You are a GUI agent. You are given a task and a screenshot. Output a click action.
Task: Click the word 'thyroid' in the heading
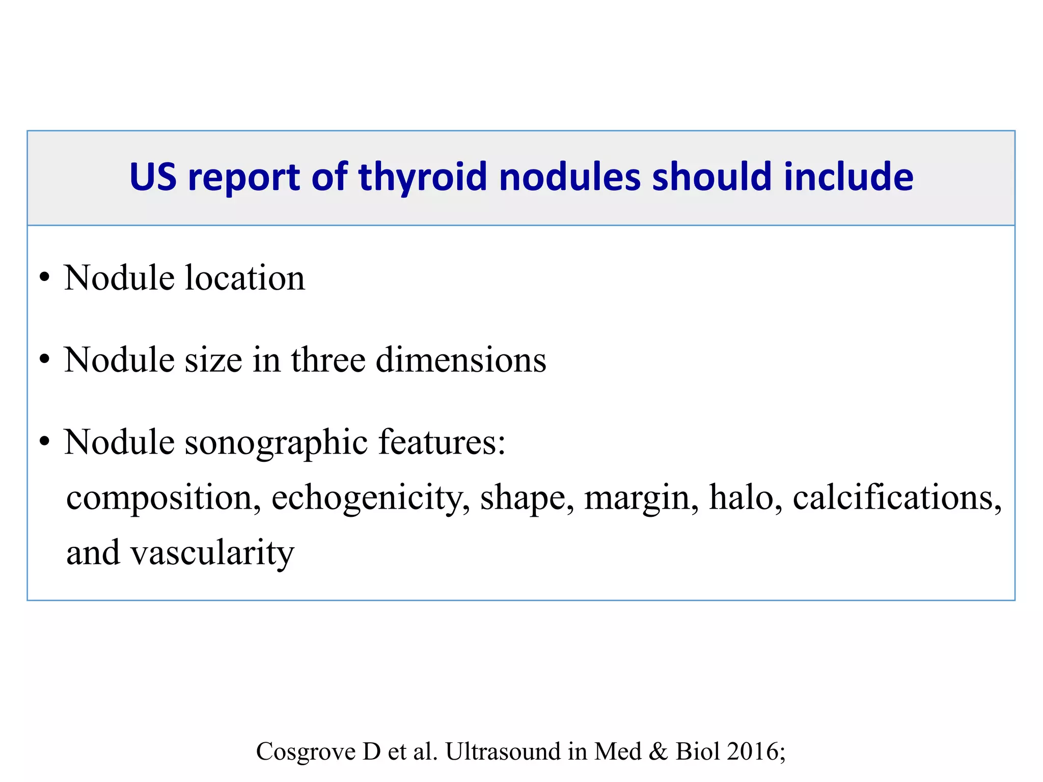point(423,177)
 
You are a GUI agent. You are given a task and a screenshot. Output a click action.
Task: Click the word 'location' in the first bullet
point(245,278)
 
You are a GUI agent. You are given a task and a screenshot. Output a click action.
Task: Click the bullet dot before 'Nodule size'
point(45,359)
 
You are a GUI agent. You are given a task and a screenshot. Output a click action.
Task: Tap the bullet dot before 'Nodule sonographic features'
point(45,441)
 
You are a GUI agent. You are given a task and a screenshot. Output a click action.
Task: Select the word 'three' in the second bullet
point(328,360)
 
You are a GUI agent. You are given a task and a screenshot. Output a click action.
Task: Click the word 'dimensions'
point(461,360)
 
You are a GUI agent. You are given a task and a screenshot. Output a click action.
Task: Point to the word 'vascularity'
point(213,553)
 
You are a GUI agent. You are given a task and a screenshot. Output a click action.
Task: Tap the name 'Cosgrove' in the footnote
point(306,751)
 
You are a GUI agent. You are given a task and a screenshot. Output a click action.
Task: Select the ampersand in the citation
point(658,751)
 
